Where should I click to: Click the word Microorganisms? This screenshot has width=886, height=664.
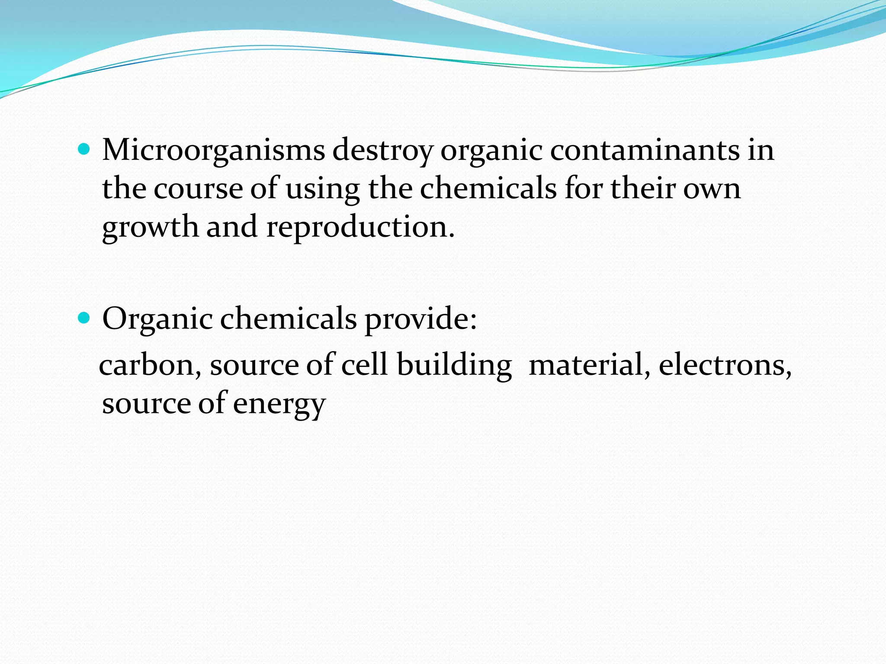[x=213, y=150]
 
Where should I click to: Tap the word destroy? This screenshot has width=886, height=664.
[x=382, y=150]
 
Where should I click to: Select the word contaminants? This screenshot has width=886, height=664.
[x=645, y=150]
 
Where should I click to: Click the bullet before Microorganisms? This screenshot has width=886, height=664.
[x=84, y=150]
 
